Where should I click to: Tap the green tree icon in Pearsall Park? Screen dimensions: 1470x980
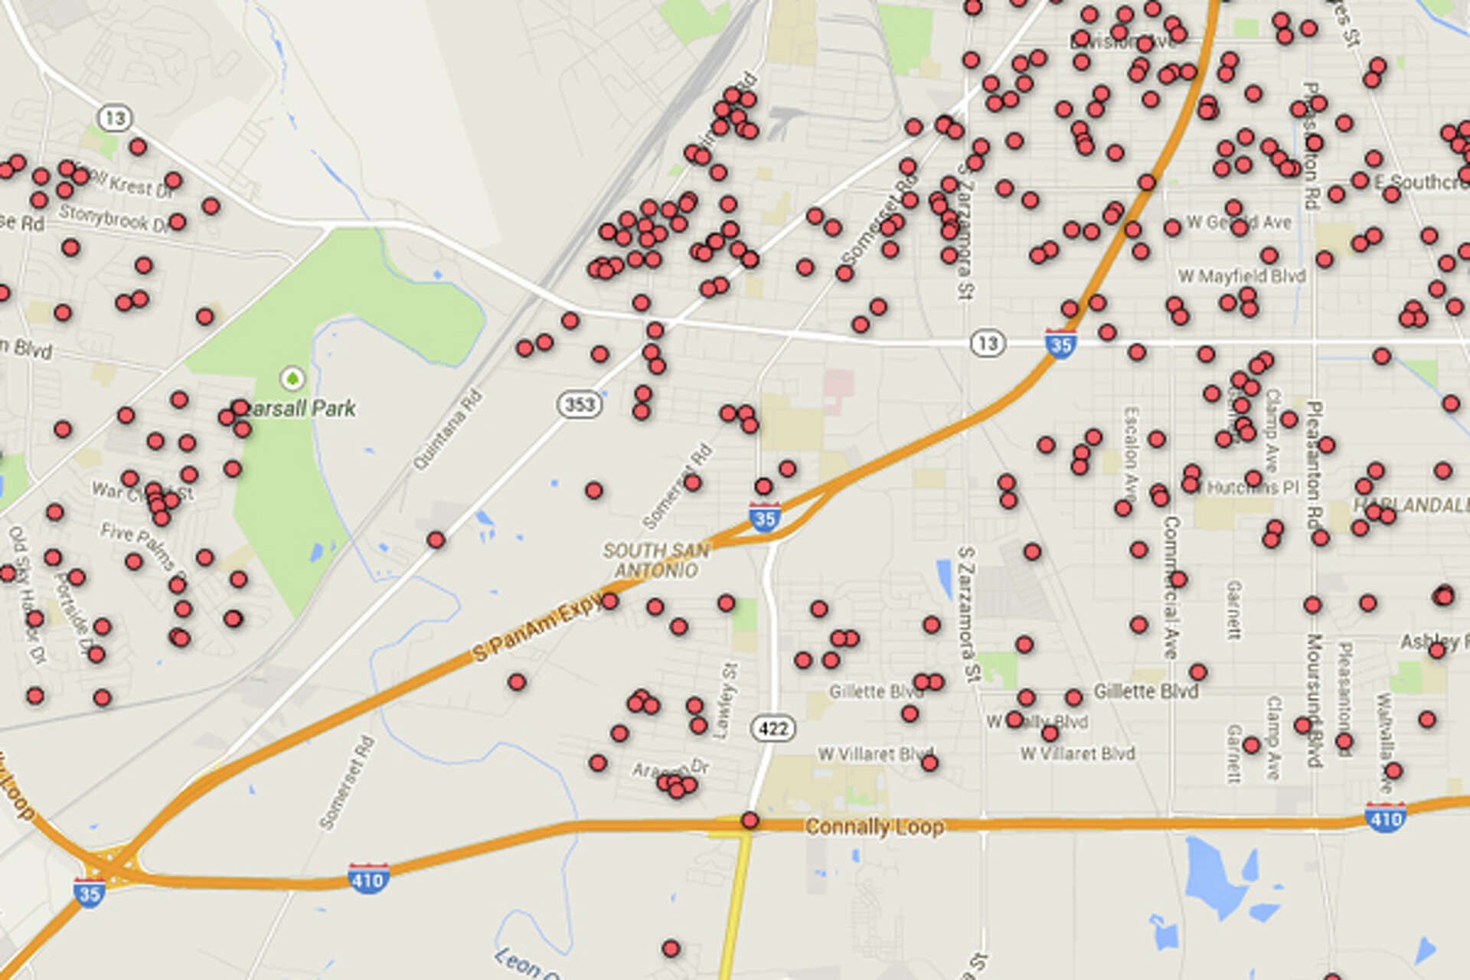pos(292,377)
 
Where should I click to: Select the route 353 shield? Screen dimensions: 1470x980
pos(579,403)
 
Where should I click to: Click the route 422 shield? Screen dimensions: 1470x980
pos(773,727)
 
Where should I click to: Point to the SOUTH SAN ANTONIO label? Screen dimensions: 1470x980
pos(657,560)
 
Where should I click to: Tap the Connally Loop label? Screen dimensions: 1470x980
pos(874,827)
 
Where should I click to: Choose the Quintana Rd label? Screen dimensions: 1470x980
pos(448,430)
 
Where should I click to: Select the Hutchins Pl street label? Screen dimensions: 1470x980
pos(1253,487)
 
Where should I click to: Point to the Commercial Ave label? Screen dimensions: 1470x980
pos(1171,586)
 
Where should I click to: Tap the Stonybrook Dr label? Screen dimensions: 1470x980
pos(113,219)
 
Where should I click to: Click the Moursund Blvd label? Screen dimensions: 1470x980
pos(1315,700)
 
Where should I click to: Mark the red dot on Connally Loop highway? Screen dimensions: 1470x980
pos(750,821)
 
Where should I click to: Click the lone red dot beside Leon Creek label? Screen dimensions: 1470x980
pos(671,949)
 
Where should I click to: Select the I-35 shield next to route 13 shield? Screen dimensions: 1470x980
pos(1060,344)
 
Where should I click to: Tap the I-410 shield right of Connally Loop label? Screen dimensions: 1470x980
pos(1385,817)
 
